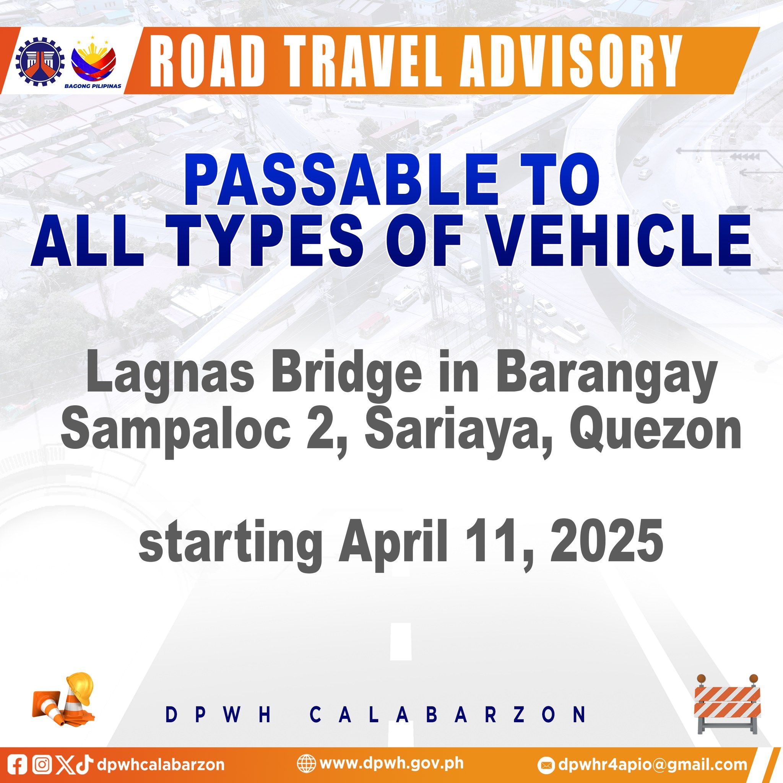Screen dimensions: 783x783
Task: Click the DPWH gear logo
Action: pos(40,61)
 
